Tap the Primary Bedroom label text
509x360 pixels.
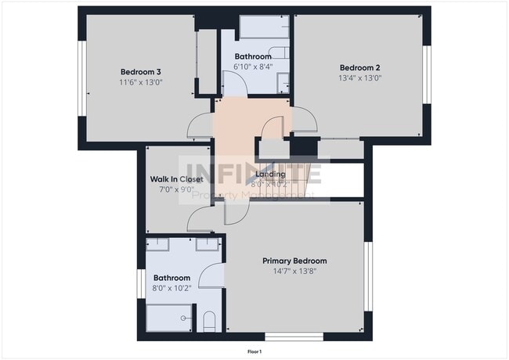coord(294,261)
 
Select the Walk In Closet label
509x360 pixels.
coord(176,178)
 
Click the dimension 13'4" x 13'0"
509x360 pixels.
coord(359,77)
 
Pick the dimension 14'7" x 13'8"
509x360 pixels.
coord(294,272)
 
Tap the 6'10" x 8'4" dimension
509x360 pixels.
coord(254,67)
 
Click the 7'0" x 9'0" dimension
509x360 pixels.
coord(175,189)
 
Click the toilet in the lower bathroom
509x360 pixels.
coord(209,322)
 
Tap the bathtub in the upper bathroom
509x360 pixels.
coord(264,27)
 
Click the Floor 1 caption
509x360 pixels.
coord(254,352)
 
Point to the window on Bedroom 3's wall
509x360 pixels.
coord(81,77)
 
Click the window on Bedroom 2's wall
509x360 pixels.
coord(428,76)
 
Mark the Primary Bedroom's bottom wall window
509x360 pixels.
coord(294,337)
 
